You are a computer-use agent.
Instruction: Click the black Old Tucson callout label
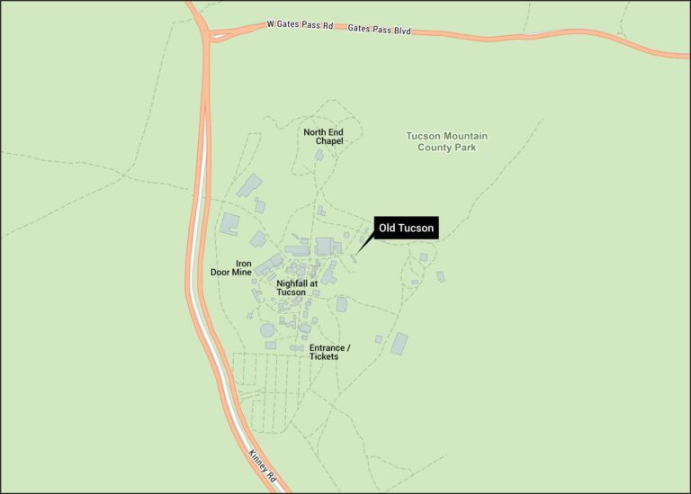click(x=406, y=229)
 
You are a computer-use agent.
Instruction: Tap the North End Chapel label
click(x=323, y=137)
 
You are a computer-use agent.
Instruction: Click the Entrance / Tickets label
click(x=329, y=352)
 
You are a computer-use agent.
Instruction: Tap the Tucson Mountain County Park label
click(x=446, y=141)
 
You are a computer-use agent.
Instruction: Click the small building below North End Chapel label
click(x=319, y=155)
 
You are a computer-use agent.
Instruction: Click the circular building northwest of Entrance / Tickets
click(x=267, y=330)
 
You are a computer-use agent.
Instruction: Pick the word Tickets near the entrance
click(x=324, y=356)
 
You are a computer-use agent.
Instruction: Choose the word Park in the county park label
click(x=464, y=147)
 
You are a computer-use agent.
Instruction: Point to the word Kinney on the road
click(x=255, y=450)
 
